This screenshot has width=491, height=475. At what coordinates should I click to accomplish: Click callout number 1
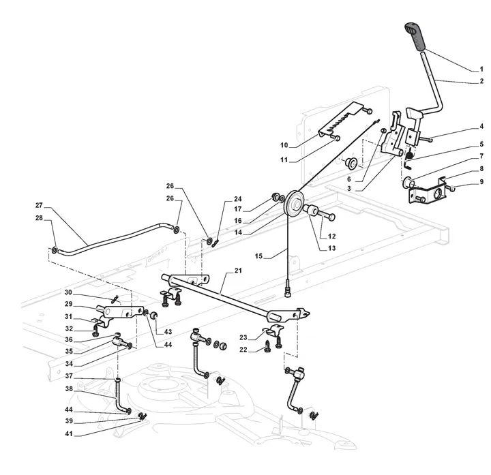point(481,70)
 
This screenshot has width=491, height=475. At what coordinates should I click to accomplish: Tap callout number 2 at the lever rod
point(481,81)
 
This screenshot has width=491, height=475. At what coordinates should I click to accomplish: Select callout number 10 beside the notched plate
point(284,145)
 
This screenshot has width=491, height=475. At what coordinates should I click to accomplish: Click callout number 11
point(284,161)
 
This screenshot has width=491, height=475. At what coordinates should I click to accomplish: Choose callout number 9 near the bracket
point(481,182)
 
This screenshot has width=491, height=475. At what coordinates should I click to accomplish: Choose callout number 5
point(481,144)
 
